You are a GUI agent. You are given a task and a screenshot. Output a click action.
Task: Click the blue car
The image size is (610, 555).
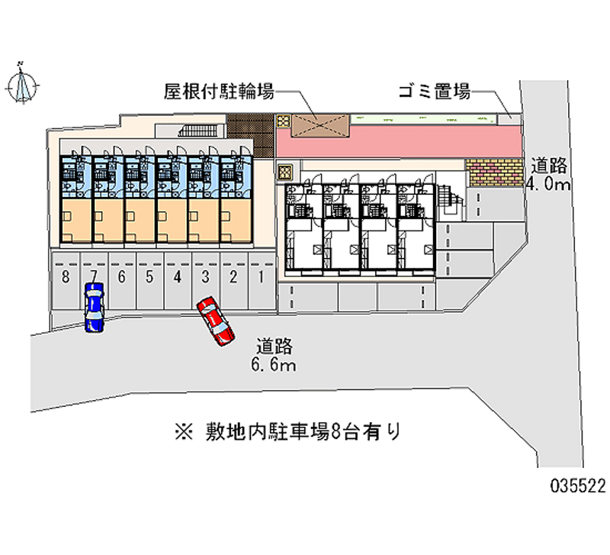pyautogui.click(x=94, y=308)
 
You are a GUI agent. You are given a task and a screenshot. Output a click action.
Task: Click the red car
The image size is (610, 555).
pyautogui.click(x=216, y=321)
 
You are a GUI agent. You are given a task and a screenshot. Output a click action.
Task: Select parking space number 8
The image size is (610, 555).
pyautogui.click(x=66, y=281)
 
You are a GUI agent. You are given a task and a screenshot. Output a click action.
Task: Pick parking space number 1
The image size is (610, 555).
pyautogui.click(x=262, y=281)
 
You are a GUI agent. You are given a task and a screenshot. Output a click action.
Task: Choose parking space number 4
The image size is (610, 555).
pyautogui.click(x=178, y=281)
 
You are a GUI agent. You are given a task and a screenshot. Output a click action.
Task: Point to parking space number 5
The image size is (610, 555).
pyautogui.click(x=149, y=281)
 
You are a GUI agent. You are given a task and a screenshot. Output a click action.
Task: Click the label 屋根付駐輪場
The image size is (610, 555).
pyautogui.click(x=219, y=92)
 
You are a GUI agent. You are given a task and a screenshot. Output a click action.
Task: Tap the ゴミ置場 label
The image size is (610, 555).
pyautogui.click(x=434, y=92)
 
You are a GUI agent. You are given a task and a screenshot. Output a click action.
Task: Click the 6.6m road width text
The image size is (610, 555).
pyautogui.click(x=274, y=365)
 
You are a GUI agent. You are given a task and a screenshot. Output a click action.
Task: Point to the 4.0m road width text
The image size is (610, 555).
pyautogui.click(x=548, y=183)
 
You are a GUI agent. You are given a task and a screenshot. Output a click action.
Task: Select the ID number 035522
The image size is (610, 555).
pyautogui.click(x=578, y=486)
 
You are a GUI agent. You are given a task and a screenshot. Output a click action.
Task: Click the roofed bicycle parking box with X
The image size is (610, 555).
pyautogui.click(x=320, y=126)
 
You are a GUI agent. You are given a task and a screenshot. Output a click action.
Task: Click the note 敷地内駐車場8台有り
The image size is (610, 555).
pyautogui.click(x=288, y=431)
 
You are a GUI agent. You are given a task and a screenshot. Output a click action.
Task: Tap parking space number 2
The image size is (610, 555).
pyautogui.click(x=233, y=281)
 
